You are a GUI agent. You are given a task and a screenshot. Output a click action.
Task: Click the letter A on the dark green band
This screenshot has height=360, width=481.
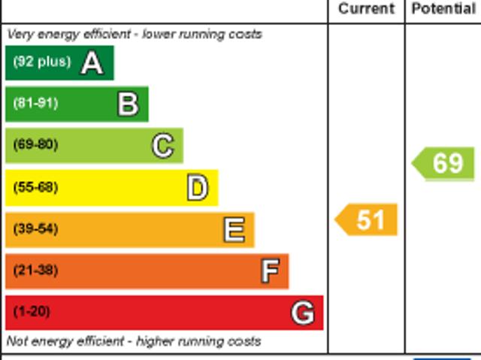point(92,62)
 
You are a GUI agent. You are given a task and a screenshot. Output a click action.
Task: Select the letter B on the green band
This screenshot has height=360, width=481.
point(128,104)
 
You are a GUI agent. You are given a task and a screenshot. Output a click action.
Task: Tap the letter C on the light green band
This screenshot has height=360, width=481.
point(162,145)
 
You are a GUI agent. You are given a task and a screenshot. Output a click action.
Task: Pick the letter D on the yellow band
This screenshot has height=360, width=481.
point(197,187)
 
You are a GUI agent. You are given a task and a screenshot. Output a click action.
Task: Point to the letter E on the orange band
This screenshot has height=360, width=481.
point(234,229)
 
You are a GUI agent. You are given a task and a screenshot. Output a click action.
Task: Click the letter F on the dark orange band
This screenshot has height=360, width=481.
point(269,271)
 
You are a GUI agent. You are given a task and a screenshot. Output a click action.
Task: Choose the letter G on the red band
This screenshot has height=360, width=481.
point(302,312)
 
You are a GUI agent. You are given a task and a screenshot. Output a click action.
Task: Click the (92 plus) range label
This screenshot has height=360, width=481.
point(41,62)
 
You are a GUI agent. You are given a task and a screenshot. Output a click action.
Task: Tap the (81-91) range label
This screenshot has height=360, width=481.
point(35,103)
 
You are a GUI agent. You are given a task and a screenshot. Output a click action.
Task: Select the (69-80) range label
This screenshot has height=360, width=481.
point(35,144)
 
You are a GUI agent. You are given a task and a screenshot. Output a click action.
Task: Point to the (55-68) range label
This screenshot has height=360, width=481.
point(35,187)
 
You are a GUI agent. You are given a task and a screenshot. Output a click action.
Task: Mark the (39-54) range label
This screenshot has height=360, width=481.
point(35,228)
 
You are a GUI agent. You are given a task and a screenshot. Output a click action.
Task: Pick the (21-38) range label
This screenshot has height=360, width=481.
point(35,270)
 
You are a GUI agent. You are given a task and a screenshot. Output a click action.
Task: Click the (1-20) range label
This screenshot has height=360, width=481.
point(32,311)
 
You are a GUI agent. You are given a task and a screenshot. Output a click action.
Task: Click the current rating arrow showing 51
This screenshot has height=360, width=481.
point(366,219)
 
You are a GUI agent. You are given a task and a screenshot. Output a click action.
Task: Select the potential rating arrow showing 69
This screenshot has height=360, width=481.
point(444,163)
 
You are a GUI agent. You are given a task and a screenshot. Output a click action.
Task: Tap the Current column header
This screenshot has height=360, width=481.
point(366,9)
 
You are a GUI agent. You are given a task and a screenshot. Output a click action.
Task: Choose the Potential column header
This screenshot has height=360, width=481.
point(443,9)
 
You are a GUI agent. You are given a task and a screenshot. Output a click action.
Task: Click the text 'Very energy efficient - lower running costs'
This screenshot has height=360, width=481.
point(135,34)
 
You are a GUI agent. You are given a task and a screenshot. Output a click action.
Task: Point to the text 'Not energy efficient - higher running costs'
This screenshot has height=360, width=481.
point(134,341)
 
